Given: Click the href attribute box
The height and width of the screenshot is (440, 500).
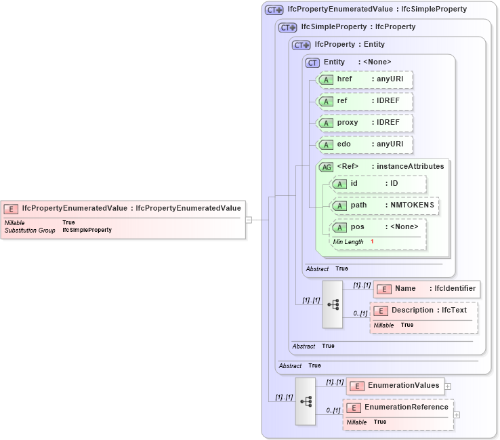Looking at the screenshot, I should [x=365, y=80].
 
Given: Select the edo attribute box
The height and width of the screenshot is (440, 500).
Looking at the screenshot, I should [x=365, y=144].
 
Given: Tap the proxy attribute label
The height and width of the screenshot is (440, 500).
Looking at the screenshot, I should [x=348, y=123].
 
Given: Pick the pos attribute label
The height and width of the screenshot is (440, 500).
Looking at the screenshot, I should [x=357, y=227].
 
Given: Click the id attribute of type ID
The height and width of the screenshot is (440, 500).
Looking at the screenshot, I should [x=378, y=184].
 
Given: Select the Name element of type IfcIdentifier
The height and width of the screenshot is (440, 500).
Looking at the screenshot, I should [x=426, y=289].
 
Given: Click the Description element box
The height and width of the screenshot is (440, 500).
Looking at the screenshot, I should [x=423, y=311].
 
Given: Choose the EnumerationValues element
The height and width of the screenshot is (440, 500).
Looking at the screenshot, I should [x=395, y=386].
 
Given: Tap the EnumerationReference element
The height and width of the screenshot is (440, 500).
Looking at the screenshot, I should [x=398, y=407].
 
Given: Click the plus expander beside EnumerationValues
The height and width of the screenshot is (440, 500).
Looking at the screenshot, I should [x=448, y=386].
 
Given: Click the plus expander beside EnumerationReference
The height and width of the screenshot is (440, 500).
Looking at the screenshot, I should [x=456, y=414].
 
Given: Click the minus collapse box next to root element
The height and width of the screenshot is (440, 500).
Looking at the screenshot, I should [x=249, y=220].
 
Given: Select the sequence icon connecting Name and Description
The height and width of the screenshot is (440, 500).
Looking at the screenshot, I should [x=333, y=304].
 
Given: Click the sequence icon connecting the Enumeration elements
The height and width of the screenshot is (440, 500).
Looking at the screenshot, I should [x=305, y=401].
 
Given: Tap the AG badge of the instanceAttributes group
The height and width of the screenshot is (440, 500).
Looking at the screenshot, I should [x=327, y=167].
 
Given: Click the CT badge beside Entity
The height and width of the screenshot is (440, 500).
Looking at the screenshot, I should [x=312, y=62].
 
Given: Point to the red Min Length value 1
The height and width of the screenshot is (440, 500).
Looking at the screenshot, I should [x=372, y=242].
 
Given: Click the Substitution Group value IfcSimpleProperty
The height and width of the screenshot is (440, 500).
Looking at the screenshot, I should [x=87, y=231].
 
